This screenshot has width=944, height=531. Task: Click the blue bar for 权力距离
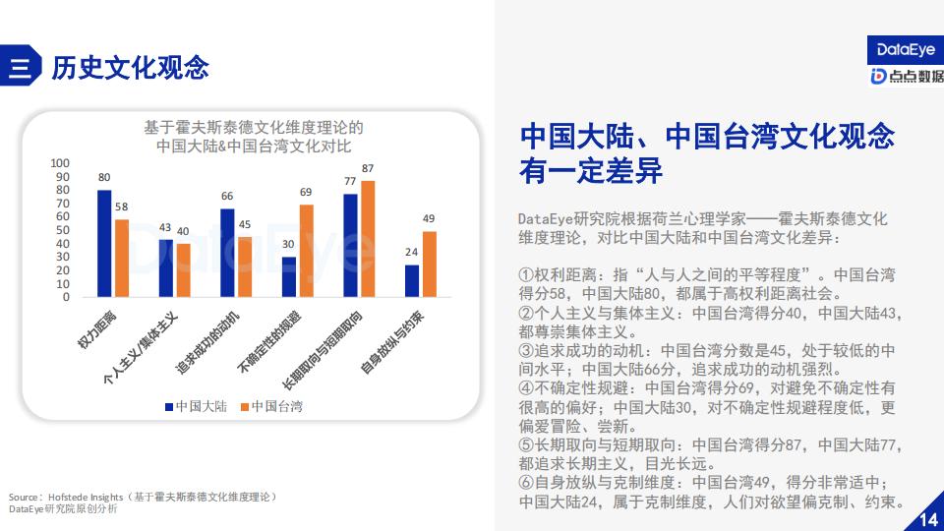click(104, 244)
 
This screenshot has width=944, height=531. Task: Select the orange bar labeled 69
click(307, 251)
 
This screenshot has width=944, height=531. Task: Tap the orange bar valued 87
click(368, 239)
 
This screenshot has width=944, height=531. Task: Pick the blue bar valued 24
click(412, 281)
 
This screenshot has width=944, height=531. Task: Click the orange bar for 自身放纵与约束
click(430, 265)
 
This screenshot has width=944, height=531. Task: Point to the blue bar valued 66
click(227, 253)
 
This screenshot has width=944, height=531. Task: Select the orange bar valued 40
click(184, 270)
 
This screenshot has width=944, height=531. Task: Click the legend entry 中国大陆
click(197, 407)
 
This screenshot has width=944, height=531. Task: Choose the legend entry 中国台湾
click(271, 407)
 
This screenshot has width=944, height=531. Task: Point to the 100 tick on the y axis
click(60, 163)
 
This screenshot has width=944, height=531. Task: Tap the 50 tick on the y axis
click(63, 230)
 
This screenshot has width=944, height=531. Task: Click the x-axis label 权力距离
click(96, 330)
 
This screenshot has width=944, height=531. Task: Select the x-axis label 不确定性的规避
click(268, 341)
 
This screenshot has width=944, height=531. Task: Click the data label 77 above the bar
click(350, 181)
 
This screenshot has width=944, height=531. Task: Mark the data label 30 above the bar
click(288, 245)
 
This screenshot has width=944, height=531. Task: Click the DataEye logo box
click(906, 50)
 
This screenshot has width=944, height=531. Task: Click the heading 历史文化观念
click(130, 68)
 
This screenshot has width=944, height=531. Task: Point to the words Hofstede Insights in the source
click(86, 498)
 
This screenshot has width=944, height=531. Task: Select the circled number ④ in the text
click(525, 388)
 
